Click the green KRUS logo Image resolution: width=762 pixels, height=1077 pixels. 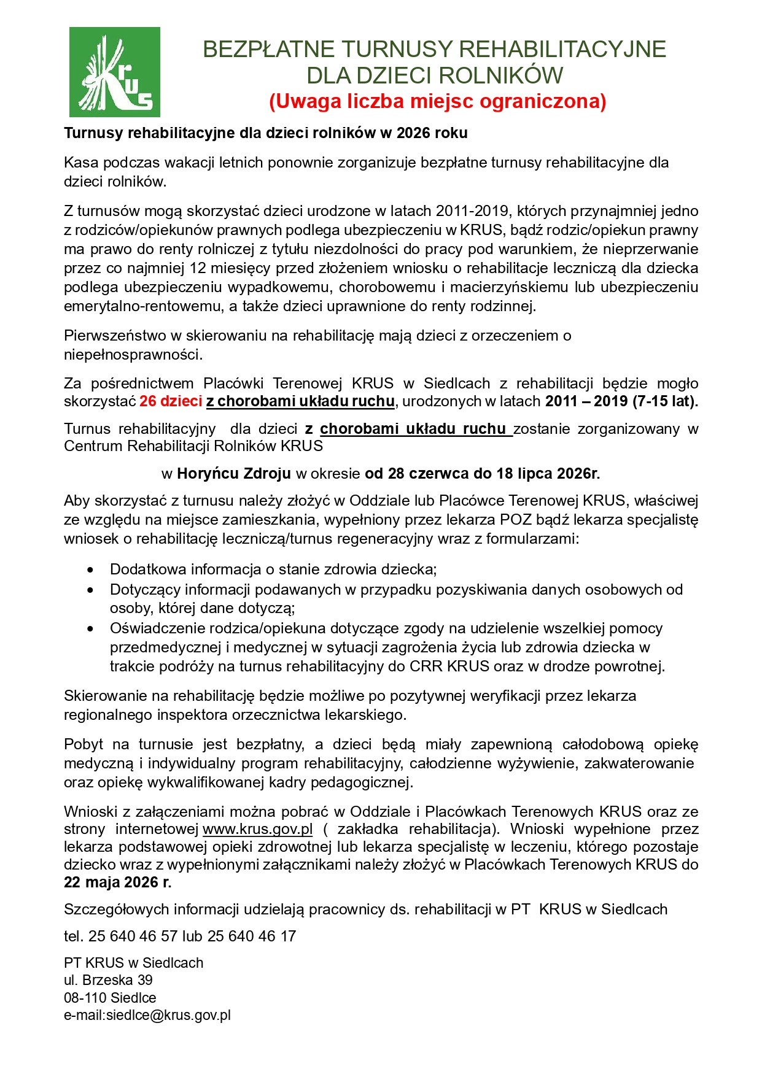click(x=114, y=72)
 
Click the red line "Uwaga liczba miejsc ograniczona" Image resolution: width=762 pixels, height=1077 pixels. click(x=437, y=101)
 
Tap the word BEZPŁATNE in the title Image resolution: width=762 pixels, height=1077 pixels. click(x=268, y=49)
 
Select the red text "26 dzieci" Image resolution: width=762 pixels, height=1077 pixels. click(x=171, y=401)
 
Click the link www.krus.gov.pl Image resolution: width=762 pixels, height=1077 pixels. click(x=257, y=829)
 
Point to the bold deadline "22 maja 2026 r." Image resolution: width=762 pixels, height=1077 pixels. click(x=117, y=882)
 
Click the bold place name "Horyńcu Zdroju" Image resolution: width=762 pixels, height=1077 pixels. click(x=234, y=474)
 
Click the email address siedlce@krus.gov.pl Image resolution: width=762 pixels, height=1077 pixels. click(x=168, y=1015)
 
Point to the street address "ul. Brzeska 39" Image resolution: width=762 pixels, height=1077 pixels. click(x=108, y=980)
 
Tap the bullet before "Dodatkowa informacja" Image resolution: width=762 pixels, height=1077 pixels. click(x=91, y=570)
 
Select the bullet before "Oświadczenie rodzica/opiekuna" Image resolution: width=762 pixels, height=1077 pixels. click(x=91, y=629)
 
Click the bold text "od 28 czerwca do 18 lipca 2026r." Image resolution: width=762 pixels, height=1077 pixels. click(x=482, y=474)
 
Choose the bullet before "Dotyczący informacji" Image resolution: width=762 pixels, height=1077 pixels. click(x=91, y=590)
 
